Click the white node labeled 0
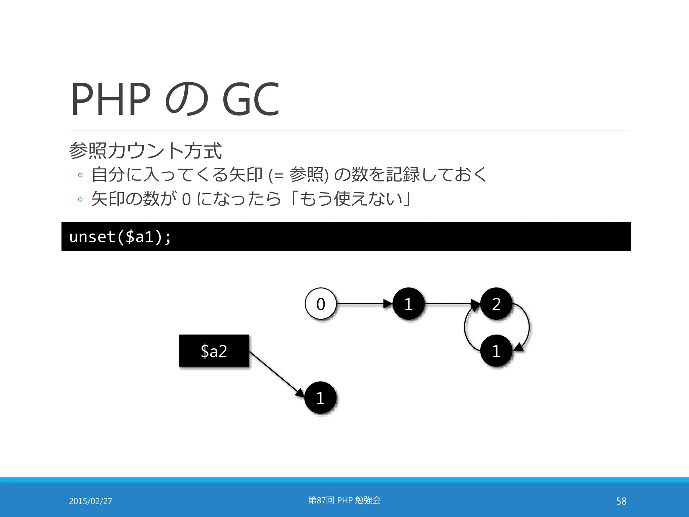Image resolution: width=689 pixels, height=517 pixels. [x=321, y=304]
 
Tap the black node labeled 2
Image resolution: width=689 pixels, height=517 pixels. [x=496, y=304]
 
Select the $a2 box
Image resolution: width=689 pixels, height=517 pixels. [x=214, y=351]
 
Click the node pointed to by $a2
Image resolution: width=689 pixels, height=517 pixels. [x=320, y=398]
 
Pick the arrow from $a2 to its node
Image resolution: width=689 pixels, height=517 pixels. [x=276, y=374]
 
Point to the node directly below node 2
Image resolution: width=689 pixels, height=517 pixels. [x=496, y=351]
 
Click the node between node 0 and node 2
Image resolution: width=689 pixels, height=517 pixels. [x=408, y=304]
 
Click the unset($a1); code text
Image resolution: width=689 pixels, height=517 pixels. [x=120, y=237]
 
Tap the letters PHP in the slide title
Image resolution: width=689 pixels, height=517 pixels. [x=111, y=99]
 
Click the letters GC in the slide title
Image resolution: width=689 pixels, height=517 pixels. [x=251, y=99]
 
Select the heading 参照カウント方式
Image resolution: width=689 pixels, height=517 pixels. [x=145, y=150]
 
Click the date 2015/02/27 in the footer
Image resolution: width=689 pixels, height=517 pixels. [x=90, y=501]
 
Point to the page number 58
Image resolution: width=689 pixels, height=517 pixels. [x=621, y=501]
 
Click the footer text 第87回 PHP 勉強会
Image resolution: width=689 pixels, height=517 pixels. [x=344, y=500]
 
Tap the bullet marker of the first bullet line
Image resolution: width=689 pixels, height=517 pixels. [x=80, y=175]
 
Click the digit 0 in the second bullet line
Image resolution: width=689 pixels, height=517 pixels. [x=186, y=199]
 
